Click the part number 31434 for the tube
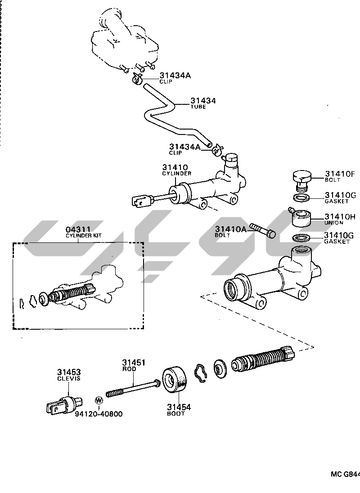(x=203, y=101)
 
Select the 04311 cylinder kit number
(x=78, y=229)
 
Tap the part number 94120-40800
(x=99, y=414)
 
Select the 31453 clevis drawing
(x=63, y=403)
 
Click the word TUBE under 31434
(x=198, y=107)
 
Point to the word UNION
(x=334, y=223)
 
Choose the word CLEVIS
(x=69, y=379)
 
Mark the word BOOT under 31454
(x=176, y=413)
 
